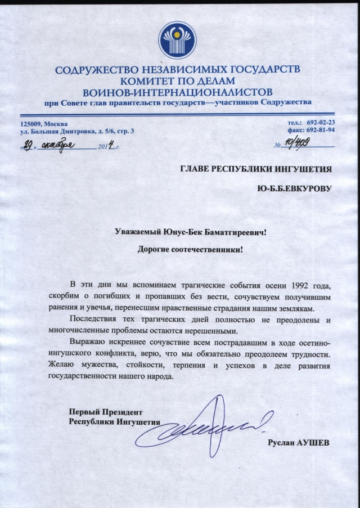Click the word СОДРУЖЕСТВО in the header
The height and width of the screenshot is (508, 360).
(x=96, y=70)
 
